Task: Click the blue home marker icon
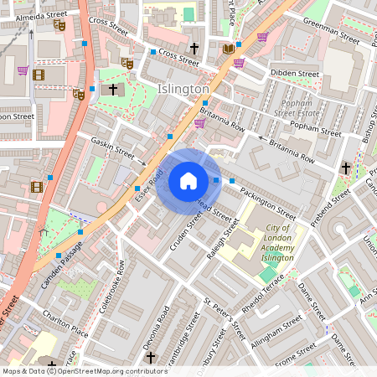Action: [188, 180]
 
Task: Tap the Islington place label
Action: [183, 89]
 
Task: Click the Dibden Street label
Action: [296, 74]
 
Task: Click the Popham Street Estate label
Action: [296, 106]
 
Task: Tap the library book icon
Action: [228, 49]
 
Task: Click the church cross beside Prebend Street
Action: [345, 168]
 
